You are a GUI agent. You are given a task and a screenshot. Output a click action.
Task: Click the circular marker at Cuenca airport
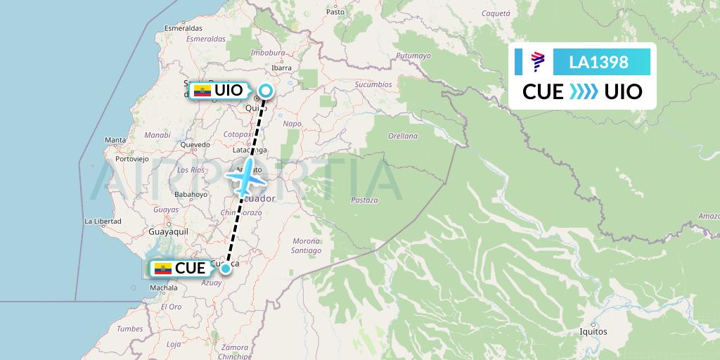pyautogui.click(x=226, y=268)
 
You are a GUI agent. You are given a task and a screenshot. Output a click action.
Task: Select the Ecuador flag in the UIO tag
pyautogui.click(x=202, y=91)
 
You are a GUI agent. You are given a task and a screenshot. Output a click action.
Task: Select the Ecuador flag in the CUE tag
pyautogui.click(x=162, y=269)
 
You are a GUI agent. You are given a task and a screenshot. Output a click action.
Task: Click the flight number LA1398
pyautogui.click(x=600, y=62)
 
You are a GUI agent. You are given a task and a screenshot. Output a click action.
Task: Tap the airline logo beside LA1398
pyautogui.click(x=537, y=62)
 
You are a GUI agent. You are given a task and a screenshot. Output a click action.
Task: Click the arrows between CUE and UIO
pyautogui.click(x=584, y=91)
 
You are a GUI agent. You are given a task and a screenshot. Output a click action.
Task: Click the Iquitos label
pyautogui.click(x=593, y=331)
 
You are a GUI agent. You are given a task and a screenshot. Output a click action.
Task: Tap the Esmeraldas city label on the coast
pyautogui.click(x=183, y=28)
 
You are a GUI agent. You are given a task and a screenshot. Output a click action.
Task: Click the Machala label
pyautogui.click(x=164, y=288)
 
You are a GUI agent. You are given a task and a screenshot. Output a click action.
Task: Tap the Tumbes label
pyautogui.click(x=129, y=328)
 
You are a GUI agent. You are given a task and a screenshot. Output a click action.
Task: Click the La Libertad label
pyautogui.click(x=103, y=221)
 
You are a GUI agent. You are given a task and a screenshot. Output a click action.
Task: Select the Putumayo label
pyautogui.click(x=413, y=56)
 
